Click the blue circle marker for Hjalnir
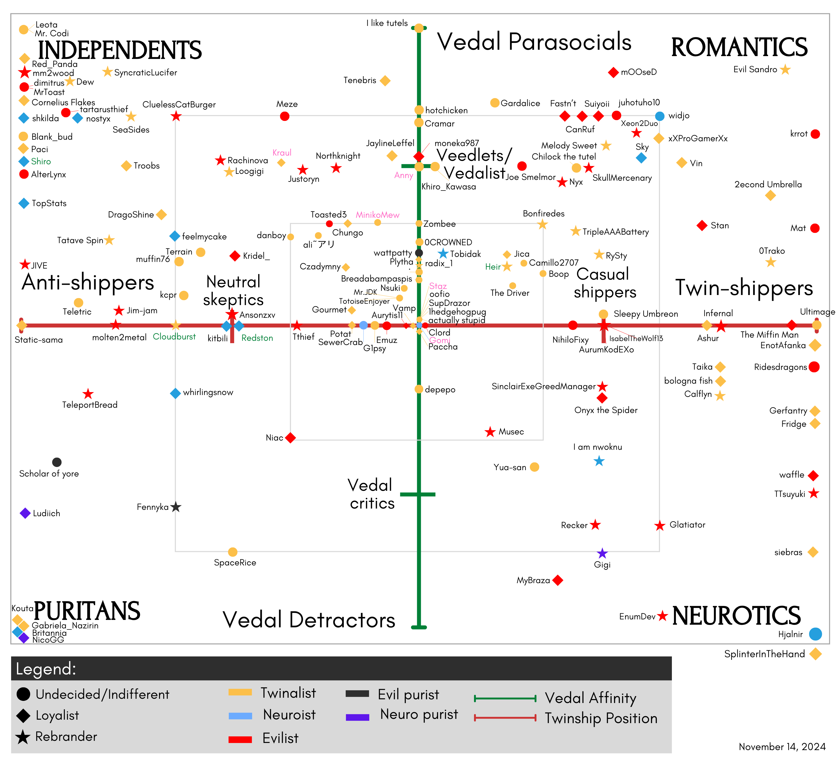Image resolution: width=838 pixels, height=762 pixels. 816,634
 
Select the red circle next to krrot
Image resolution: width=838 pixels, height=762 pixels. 815,134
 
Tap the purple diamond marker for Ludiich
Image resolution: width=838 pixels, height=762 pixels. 25,513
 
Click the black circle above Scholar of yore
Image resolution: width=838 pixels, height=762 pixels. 57,462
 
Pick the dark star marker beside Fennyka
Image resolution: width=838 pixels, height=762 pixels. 176,507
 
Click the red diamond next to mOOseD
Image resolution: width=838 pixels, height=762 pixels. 613,72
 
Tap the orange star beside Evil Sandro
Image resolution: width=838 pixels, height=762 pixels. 785,69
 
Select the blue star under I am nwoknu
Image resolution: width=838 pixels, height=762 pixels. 599,461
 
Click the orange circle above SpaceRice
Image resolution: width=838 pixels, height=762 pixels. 233,552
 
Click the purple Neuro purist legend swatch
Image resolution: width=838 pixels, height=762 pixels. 357,717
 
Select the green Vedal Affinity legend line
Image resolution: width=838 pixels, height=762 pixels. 505,698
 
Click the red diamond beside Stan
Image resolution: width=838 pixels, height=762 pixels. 702,225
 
